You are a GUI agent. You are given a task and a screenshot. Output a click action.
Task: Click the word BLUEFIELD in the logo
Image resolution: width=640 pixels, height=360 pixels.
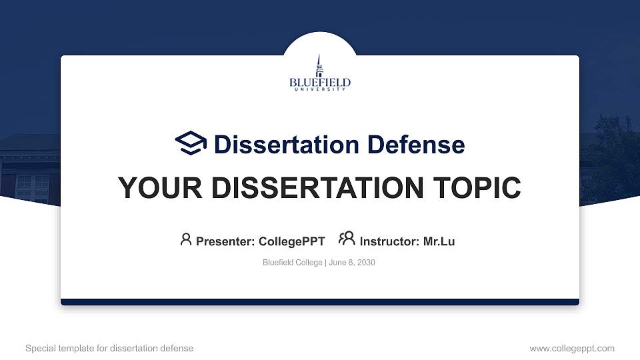pyautogui.click(x=319, y=83)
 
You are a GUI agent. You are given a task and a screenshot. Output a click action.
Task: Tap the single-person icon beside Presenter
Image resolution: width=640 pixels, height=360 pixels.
pyautogui.click(x=186, y=239)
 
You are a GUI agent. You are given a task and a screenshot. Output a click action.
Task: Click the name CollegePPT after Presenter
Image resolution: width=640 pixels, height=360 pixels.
pyautogui.click(x=291, y=241)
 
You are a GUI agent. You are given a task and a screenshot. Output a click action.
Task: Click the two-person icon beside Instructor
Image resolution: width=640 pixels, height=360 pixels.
pyautogui.click(x=347, y=239)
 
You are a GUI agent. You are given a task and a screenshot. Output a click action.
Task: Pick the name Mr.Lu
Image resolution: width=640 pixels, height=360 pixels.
pyautogui.click(x=439, y=241)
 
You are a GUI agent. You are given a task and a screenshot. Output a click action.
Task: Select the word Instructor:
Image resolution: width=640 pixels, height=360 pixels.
pyautogui.click(x=389, y=241)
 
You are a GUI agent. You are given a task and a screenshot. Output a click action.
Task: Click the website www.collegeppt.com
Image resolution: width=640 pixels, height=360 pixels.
pyautogui.click(x=571, y=348)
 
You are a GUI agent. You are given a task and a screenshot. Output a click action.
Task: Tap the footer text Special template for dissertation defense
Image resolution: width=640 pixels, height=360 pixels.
pyautogui.click(x=109, y=348)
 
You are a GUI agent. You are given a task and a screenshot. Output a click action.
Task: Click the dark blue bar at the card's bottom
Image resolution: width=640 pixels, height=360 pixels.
pyautogui.click(x=319, y=302)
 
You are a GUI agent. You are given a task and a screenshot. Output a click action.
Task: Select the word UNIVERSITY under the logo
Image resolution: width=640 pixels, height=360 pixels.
pyautogui.click(x=319, y=89)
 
